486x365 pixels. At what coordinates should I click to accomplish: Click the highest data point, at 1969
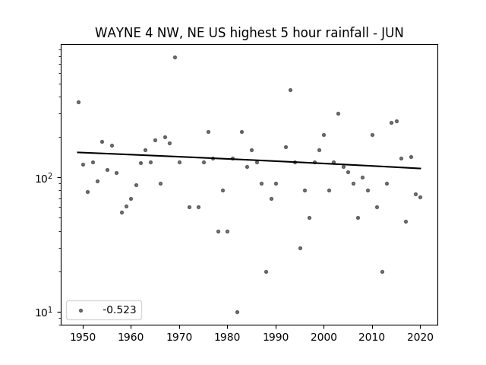pos(175,58)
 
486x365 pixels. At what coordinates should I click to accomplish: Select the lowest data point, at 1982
pos(237,312)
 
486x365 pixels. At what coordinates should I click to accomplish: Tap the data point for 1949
pos(78,102)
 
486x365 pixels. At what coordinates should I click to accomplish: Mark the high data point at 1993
pos(290,90)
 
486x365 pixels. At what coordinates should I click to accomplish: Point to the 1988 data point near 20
pos(266,271)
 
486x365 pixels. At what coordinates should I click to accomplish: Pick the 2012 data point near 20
pos(382,271)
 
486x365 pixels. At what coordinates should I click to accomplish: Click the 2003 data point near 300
pos(338,113)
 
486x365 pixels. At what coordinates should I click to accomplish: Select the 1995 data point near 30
pos(300,248)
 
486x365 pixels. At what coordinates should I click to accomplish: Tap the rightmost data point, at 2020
pos(420,197)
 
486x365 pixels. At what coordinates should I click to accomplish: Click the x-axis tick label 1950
pos(83,337)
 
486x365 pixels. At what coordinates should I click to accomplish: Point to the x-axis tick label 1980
pos(227,337)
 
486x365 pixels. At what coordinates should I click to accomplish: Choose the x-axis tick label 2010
pos(372,337)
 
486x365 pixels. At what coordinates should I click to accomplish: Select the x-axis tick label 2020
pos(420,337)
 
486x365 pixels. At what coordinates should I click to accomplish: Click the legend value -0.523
pos(119,309)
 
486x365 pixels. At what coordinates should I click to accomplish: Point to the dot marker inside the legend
pos(80,310)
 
